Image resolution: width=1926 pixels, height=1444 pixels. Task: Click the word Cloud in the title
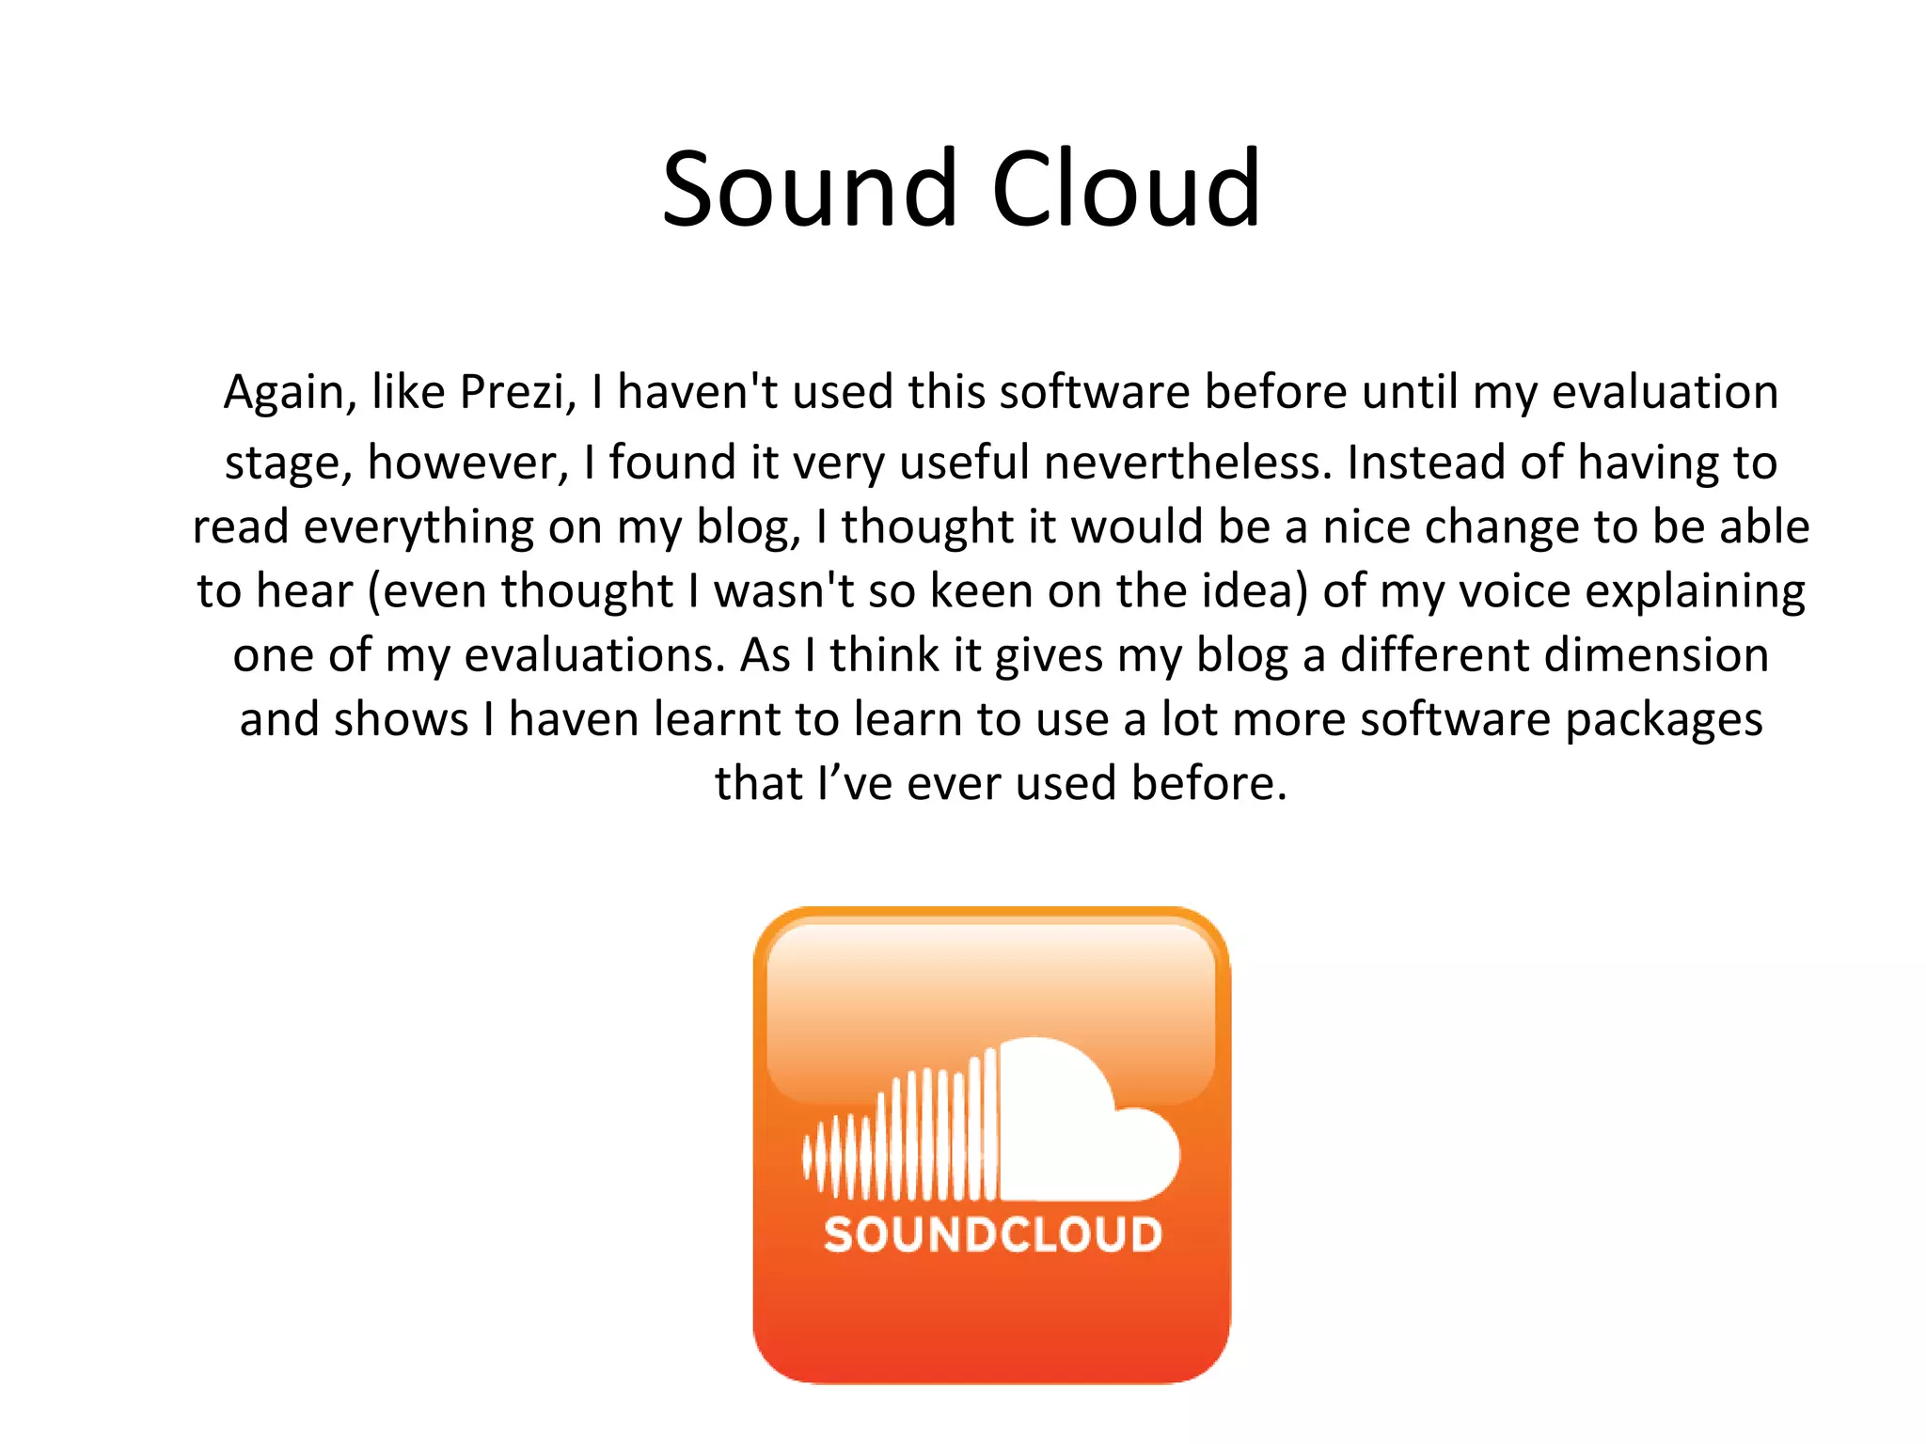click(x=1126, y=190)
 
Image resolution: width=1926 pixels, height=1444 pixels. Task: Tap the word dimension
click(x=1660, y=655)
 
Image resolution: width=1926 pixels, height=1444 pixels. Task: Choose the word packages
click(x=1664, y=721)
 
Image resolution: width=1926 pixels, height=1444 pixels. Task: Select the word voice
click(x=1513, y=591)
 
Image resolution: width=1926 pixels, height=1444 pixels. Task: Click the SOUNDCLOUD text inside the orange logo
click(x=993, y=1234)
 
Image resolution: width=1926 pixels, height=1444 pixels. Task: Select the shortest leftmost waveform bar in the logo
click(x=807, y=1156)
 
